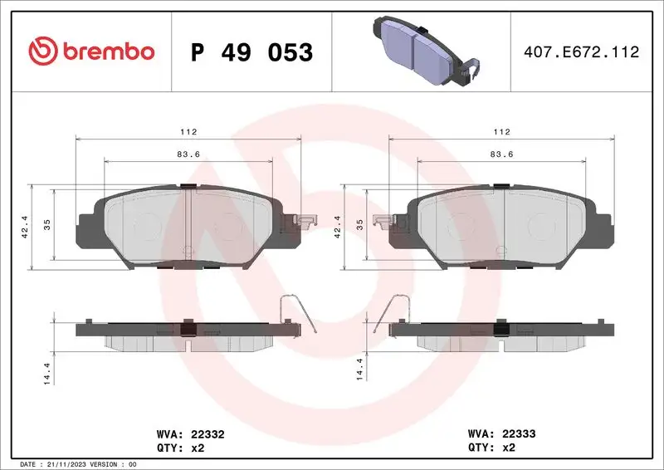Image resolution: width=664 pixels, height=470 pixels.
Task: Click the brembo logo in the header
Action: [x=91, y=51]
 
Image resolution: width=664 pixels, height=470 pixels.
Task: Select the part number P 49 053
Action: [x=251, y=52]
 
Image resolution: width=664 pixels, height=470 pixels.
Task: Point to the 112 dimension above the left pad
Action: [x=192, y=131]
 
